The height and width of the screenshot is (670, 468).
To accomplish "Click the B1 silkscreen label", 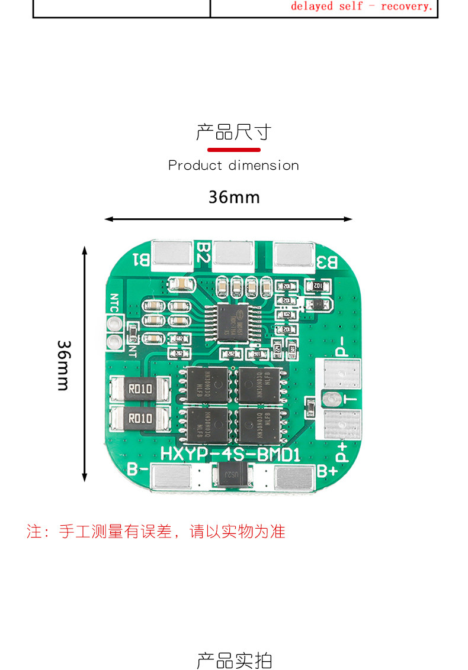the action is tap(142, 258).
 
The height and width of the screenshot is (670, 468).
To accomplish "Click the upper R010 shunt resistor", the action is tap(140, 389).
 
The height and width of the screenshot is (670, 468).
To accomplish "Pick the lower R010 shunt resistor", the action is tap(140, 419).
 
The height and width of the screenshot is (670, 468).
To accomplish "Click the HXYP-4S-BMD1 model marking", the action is tap(231, 455).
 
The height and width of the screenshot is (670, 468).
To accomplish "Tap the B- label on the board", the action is tap(137, 471).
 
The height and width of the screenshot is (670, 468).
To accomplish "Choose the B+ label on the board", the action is tap(327, 471).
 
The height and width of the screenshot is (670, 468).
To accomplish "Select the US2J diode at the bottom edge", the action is tap(234, 474).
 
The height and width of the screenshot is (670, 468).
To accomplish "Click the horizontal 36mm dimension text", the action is tap(234, 197).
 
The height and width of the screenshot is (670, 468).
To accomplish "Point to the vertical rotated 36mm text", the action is tap(63, 365).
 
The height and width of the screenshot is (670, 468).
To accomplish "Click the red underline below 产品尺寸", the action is tap(234, 150).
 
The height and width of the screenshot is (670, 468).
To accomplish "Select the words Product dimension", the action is tap(233, 166).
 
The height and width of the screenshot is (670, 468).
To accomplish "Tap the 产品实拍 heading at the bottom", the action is tap(234, 661).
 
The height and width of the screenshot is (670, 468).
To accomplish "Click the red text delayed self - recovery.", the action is tap(362, 7).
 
